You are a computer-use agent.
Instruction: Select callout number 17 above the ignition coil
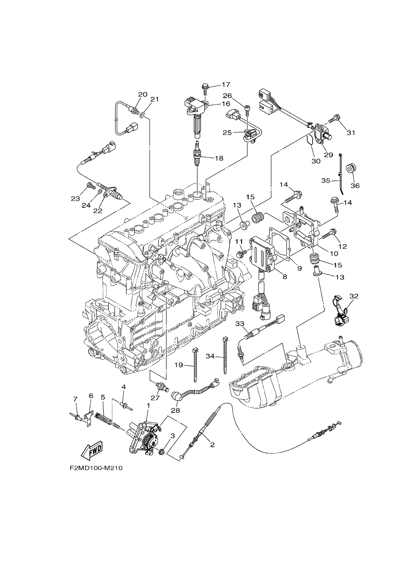pyautogui.click(x=226, y=84)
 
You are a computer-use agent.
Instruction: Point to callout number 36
pyautogui.click(x=355, y=186)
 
